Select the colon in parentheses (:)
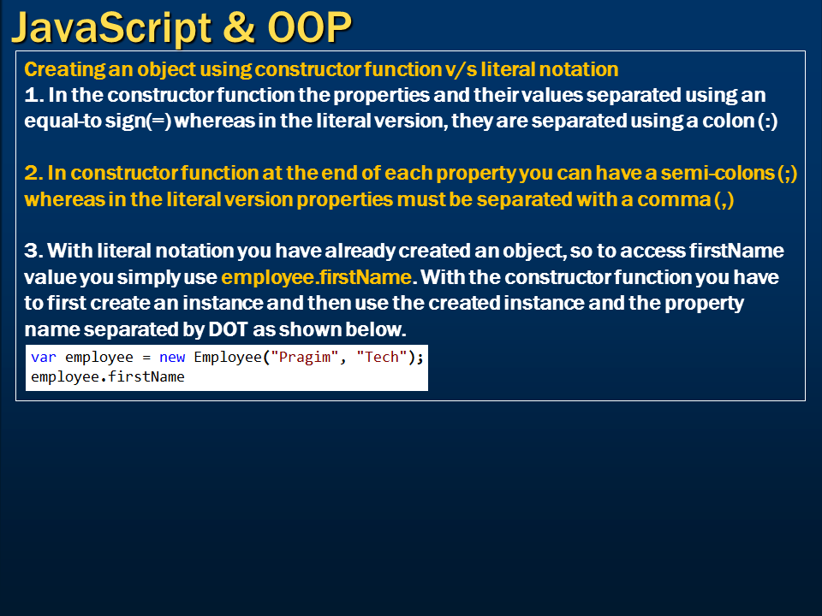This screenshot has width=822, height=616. pos(768,121)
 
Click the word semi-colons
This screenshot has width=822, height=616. pos(731,174)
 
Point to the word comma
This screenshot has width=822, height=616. pos(676,199)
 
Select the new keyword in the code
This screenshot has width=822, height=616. pos(172,358)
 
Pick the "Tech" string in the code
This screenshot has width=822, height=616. pos(382,358)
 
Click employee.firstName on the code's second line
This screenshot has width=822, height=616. pos(108,376)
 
